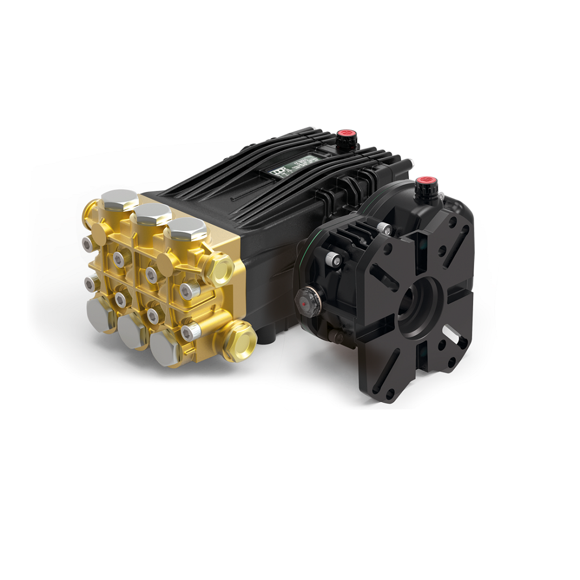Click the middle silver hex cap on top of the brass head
151,214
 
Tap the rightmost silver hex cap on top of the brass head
184,230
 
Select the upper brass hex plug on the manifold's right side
219,268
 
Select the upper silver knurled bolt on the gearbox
385,228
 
